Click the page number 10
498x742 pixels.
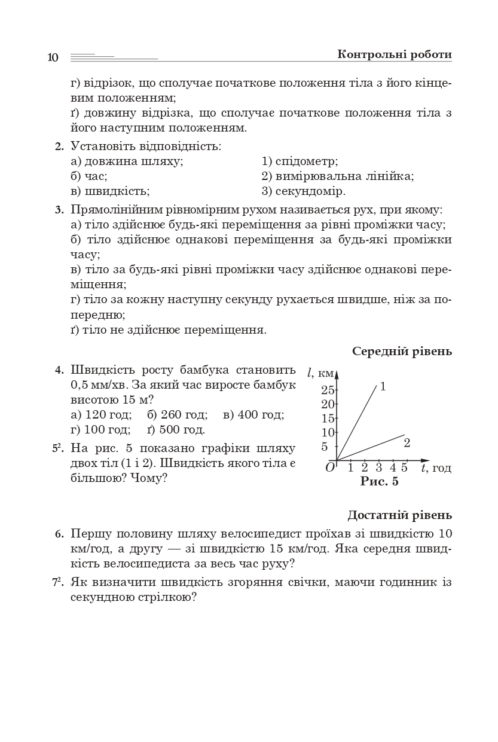[x=53, y=57]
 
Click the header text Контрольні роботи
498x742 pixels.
[x=394, y=54]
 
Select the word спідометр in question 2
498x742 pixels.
[x=306, y=161]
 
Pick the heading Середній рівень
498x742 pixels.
[x=402, y=351]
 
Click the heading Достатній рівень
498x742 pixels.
[x=399, y=515]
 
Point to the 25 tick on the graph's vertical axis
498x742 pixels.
[x=328, y=390]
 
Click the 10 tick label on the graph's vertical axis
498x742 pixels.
[x=328, y=432]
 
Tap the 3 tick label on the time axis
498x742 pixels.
[x=378, y=468]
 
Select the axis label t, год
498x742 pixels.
[x=436, y=468]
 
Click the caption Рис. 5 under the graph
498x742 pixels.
[x=380, y=482]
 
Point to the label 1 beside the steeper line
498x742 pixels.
[x=383, y=386]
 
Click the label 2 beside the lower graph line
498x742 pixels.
[x=407, y=443]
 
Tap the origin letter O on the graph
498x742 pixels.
[x=330, y=468]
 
